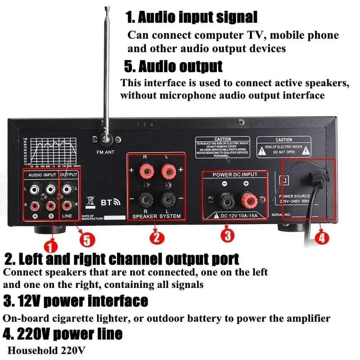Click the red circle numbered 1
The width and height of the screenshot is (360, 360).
coord(50,245)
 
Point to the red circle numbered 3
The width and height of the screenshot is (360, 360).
coord(227,234)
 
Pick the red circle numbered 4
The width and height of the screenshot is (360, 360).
coord(320,239)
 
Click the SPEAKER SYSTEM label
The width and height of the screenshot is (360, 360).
coord(156,216)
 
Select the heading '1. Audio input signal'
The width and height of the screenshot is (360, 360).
coord(191,18)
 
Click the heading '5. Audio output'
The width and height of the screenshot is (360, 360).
coord(173,67)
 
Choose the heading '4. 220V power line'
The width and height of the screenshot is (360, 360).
coord(63,333)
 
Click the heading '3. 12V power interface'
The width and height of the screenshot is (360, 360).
coord(76,300)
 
